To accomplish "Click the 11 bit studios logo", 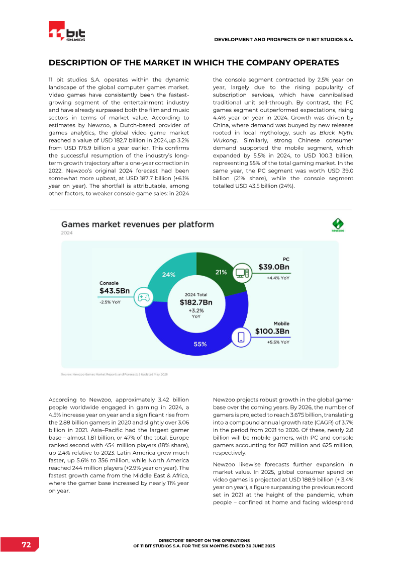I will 67,31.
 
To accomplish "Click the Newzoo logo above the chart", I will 337,225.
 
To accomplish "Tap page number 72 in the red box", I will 26,545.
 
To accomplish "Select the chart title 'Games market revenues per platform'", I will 137,224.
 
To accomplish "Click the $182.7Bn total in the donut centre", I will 196,302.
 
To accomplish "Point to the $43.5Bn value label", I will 115,291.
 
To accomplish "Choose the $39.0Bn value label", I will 274,267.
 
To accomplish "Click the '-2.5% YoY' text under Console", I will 110,302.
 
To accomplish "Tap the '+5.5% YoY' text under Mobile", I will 278,342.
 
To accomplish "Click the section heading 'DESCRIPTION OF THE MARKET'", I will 193,63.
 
